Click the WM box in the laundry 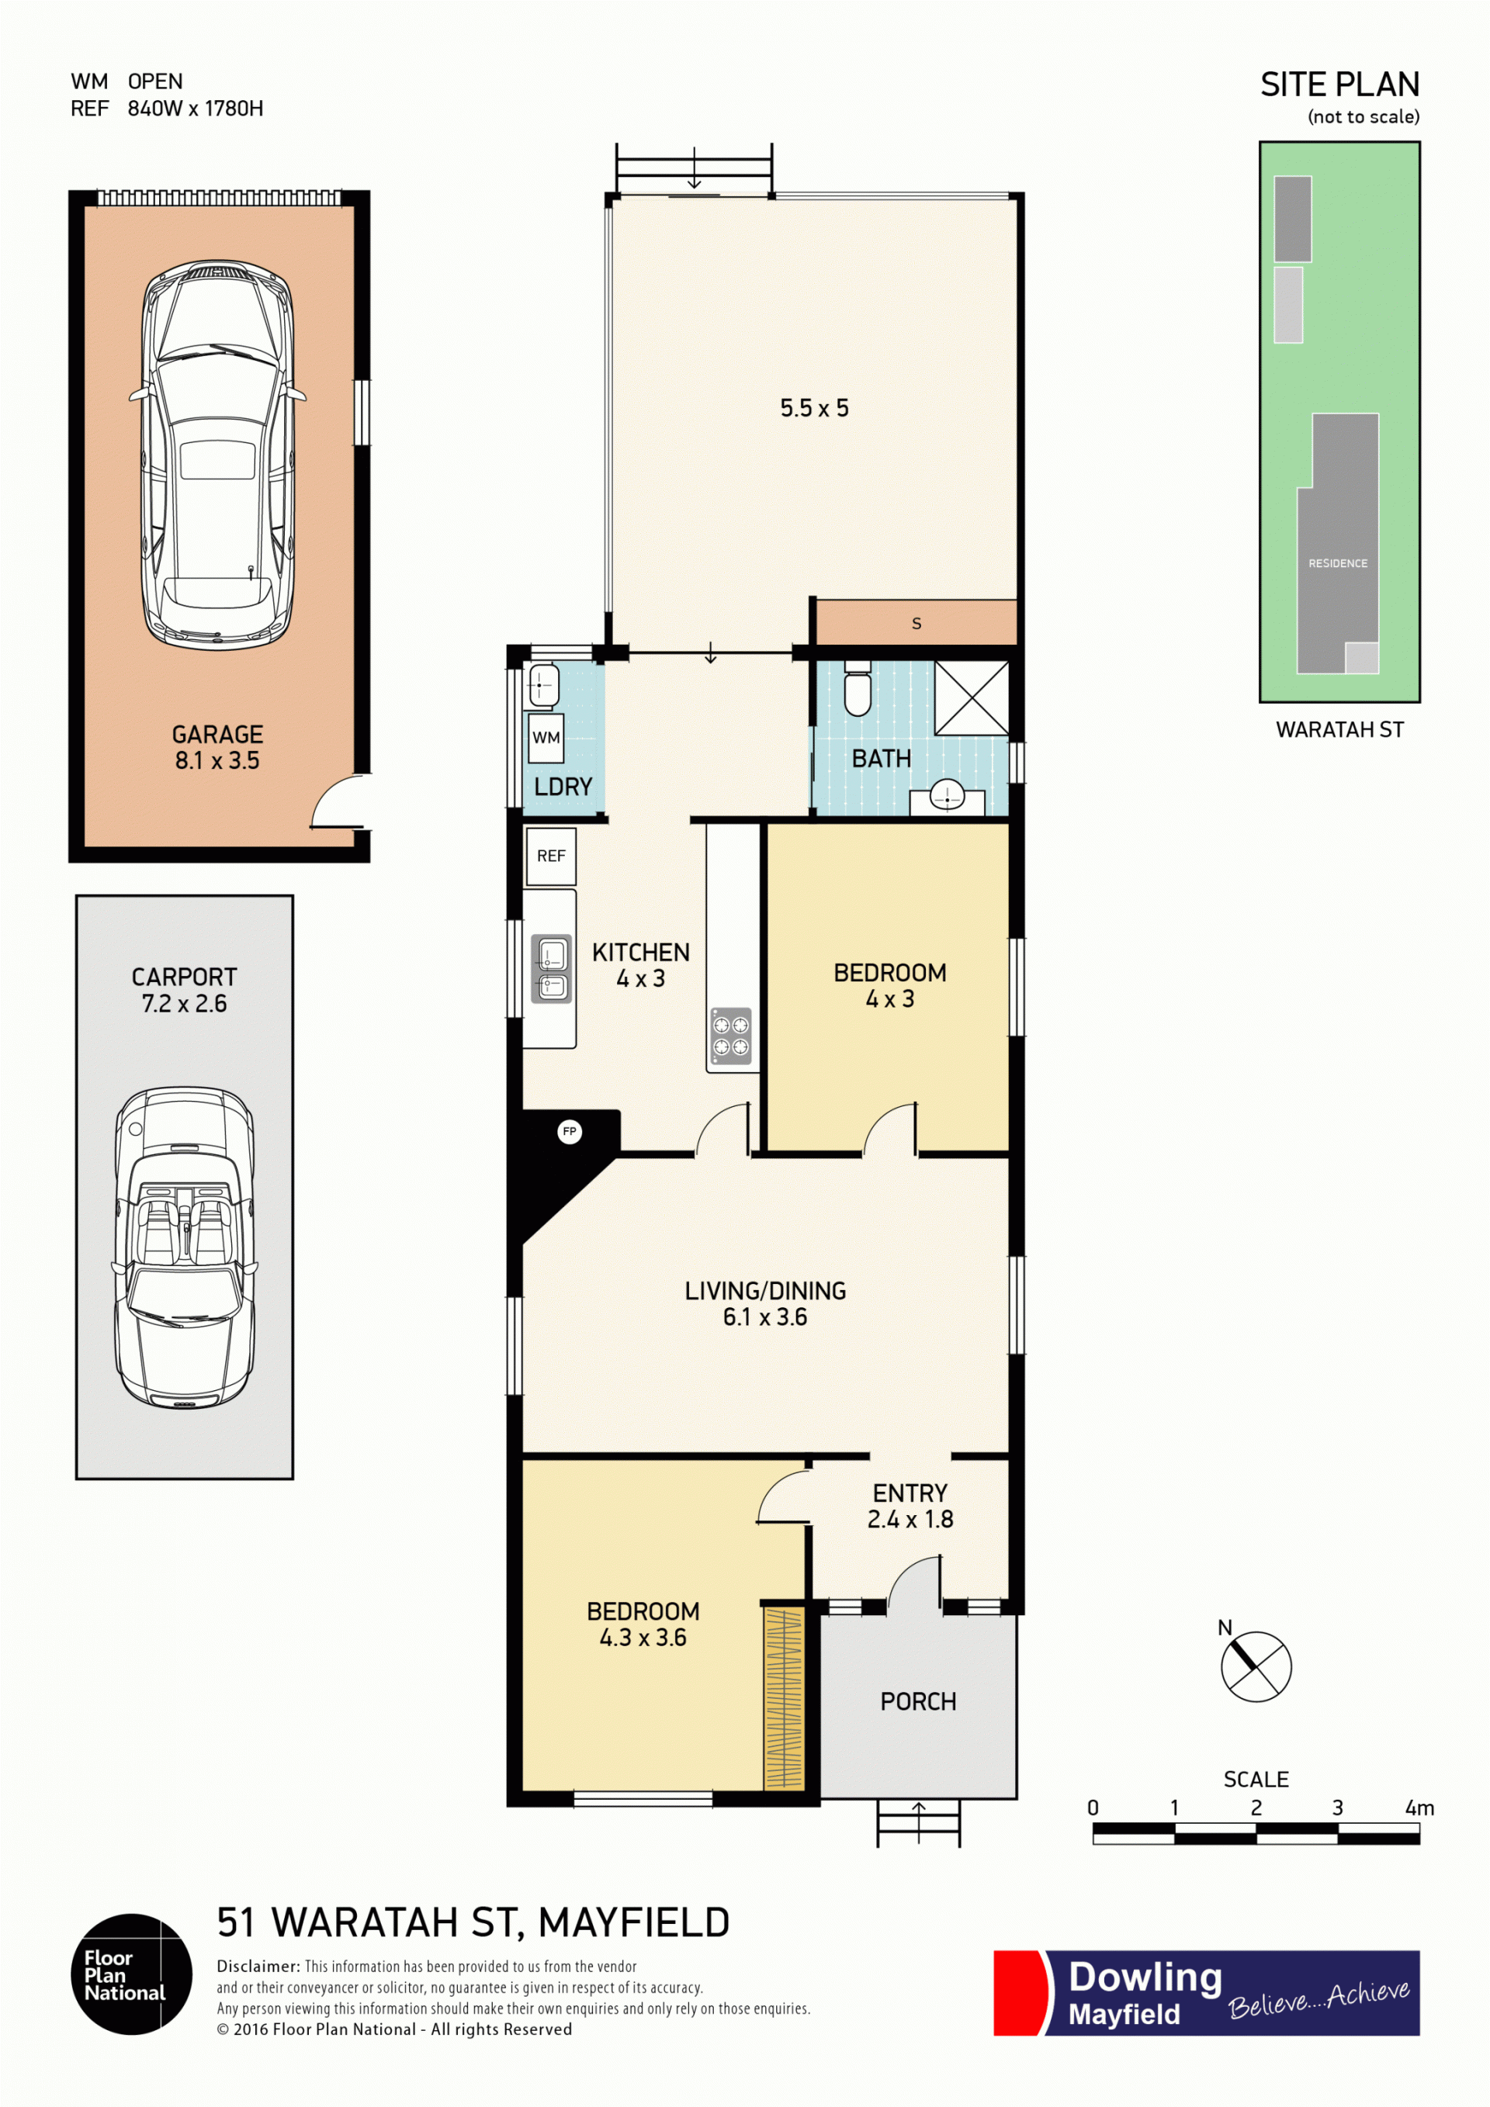click(546, 738)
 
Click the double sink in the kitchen click(552, 968)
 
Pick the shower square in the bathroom click(972, 697)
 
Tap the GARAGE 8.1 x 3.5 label click(217, 747)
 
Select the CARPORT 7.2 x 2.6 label click(185, 990)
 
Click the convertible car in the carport click(185, 1247)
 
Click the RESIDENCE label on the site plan click(1338, 563)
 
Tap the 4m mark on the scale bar click(1419, 1808)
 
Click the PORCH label click(918, 1701)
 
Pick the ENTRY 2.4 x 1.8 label click(910, 1506)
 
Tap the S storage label click(917, 624)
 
